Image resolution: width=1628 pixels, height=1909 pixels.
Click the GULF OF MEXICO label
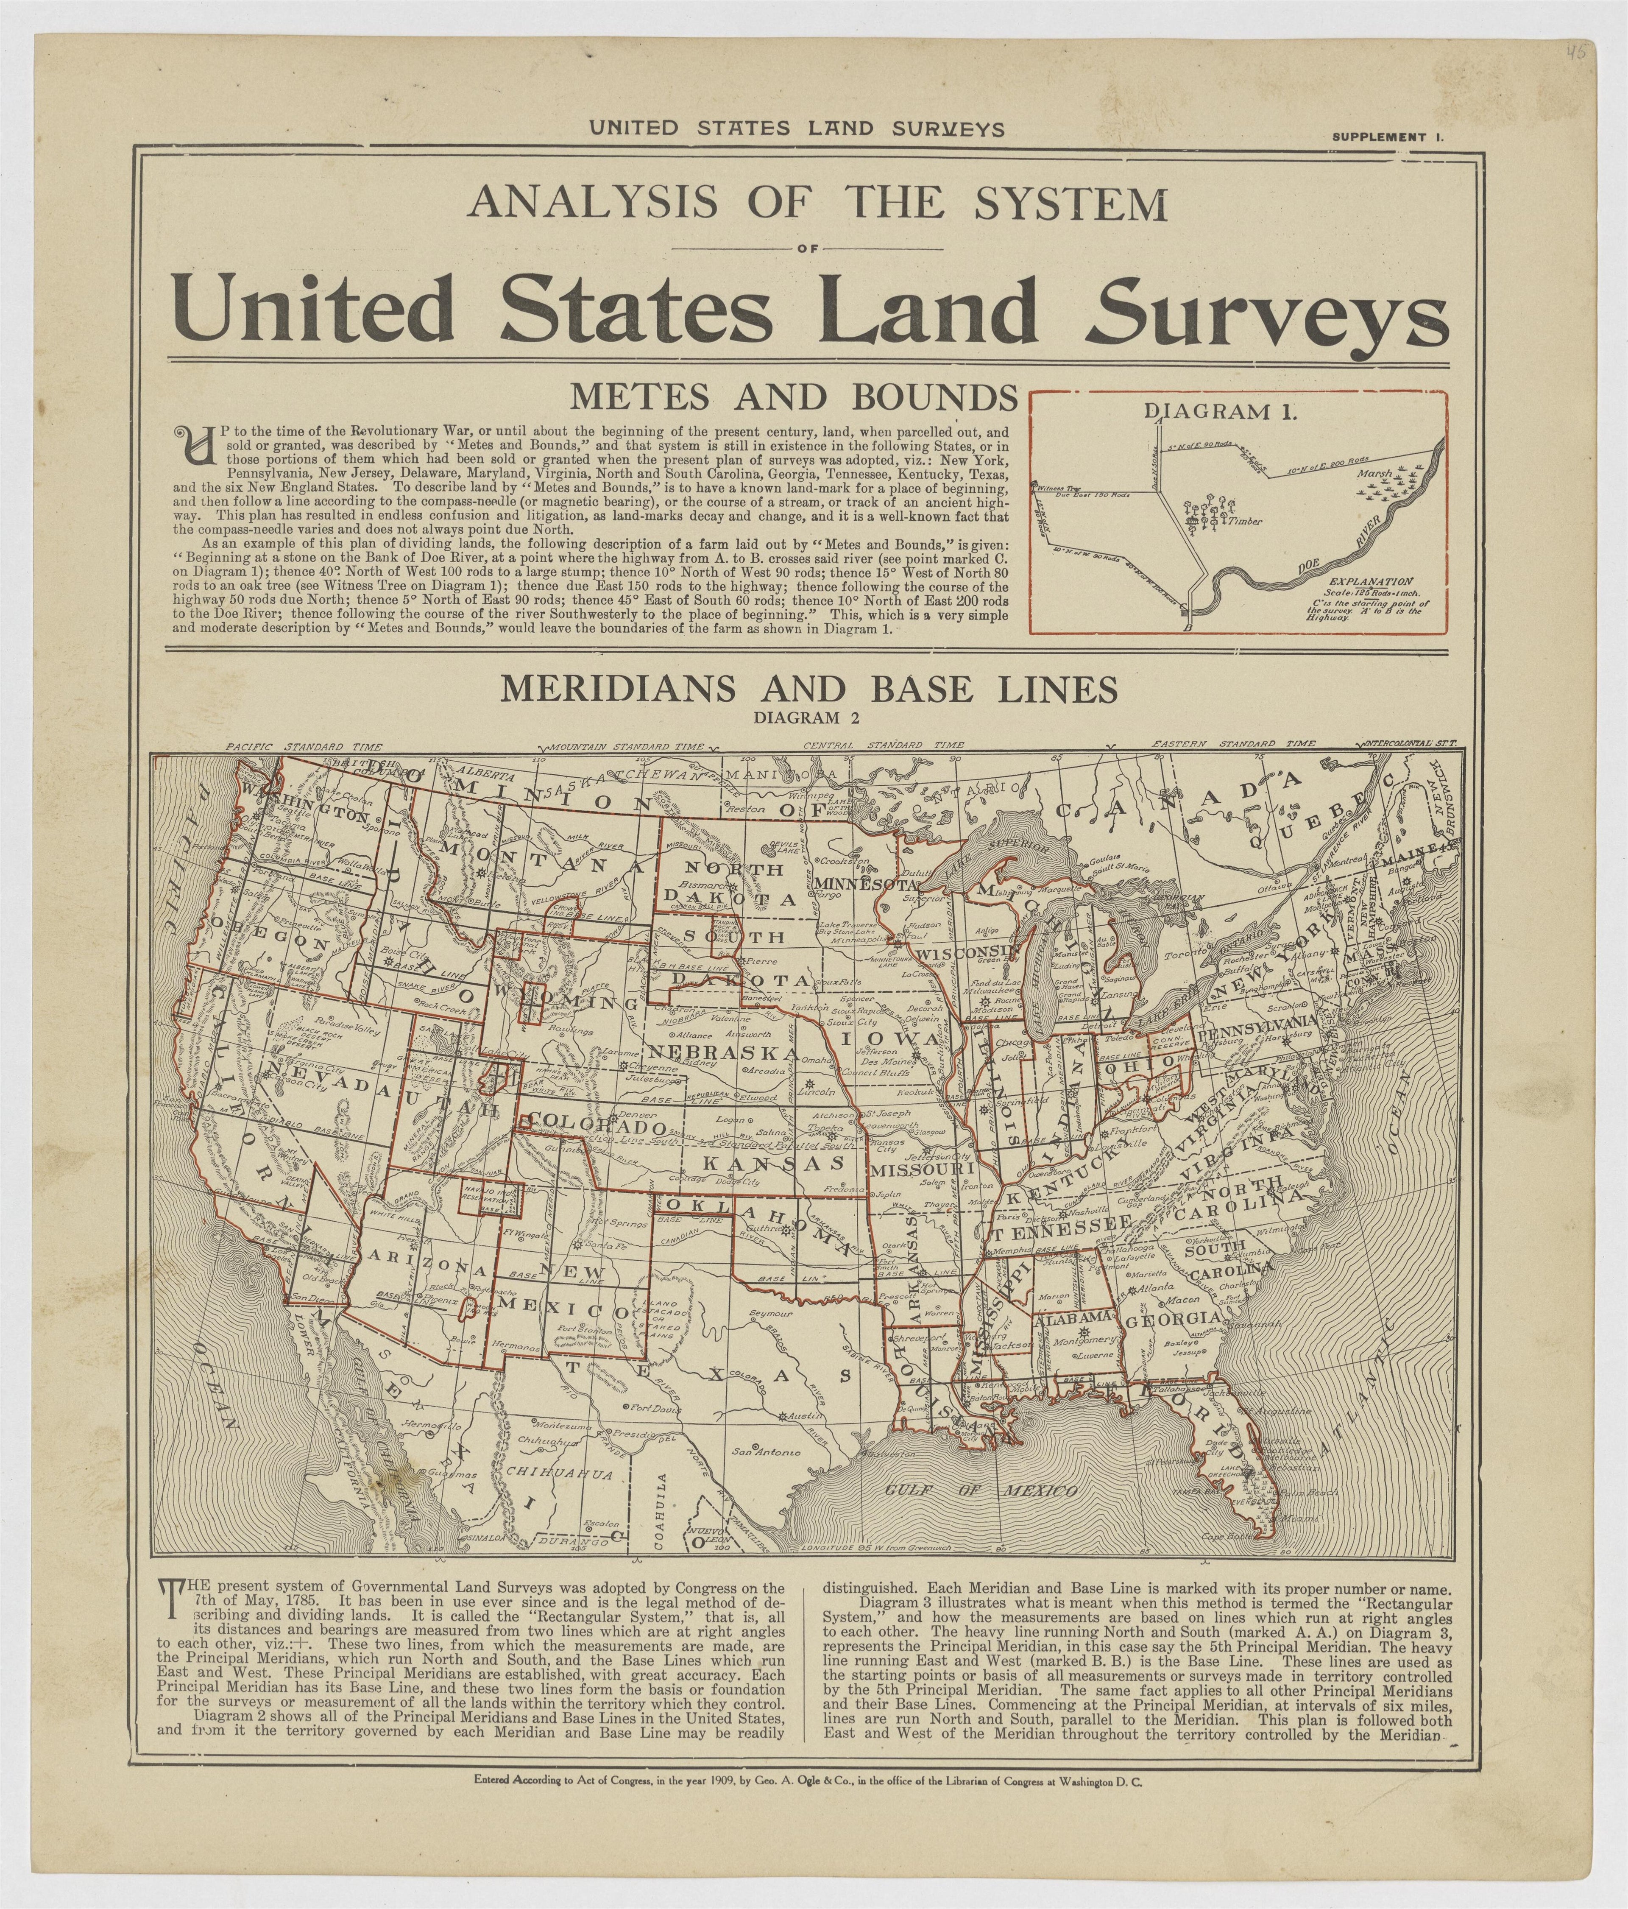[x=980, y=1491]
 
